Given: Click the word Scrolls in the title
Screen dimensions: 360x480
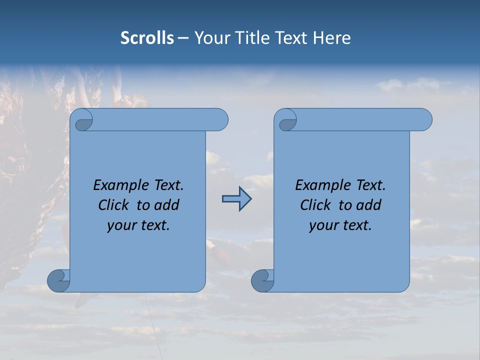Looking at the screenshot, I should (x=147, y=38).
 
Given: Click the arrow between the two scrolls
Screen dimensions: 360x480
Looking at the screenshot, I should (x=236, y=199).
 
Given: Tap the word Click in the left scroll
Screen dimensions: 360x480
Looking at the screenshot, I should (x=114, y=205).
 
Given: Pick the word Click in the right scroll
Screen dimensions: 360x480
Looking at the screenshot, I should (x=316, y=205).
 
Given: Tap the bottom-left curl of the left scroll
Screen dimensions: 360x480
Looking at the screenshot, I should (x=58, y=280).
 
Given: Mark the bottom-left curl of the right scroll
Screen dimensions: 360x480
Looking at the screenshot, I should (x=262, y=280).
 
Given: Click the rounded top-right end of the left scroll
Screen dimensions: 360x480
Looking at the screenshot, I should (x=220, y=120).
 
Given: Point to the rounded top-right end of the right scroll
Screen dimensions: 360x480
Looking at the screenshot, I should (x=424, y=120).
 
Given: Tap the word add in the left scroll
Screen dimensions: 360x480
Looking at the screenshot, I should (x=167, y=205).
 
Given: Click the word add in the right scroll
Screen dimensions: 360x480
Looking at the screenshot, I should (x=369, y=205).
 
